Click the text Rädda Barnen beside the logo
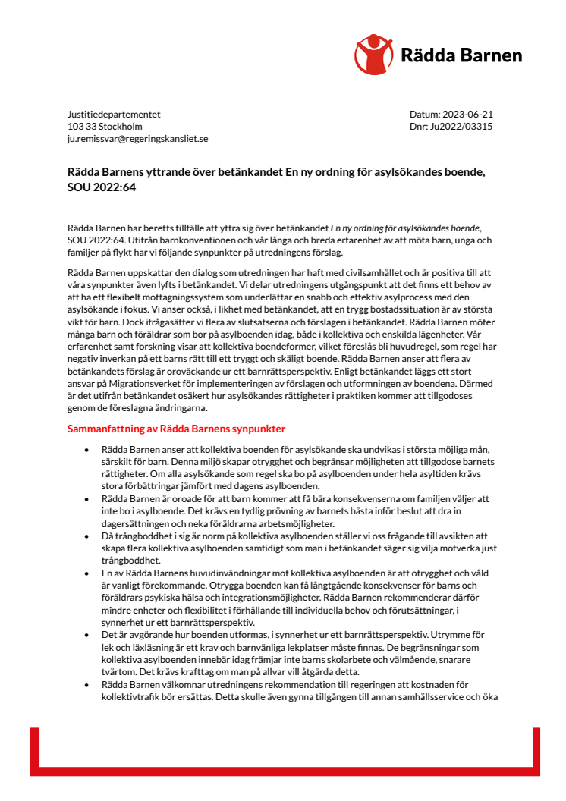click(461, 55)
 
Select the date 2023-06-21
click(468, 115)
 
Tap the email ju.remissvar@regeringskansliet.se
click(137, 139)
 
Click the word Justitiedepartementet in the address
click(114, 115)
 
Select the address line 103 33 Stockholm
click(105, 127)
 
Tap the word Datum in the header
click(423, 115)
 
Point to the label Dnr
click(418, 127)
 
